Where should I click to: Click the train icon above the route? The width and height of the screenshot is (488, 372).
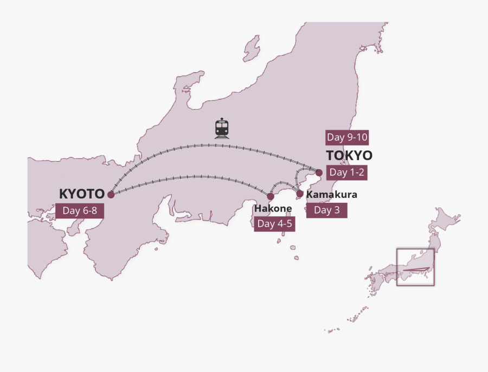point(222,128)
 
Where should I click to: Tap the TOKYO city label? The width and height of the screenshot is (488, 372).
point(349,156)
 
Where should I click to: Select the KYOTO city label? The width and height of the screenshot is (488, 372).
point(81,194)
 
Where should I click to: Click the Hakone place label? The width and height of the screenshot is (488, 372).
point(273,208)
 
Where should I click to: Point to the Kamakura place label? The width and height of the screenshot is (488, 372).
point(332,195)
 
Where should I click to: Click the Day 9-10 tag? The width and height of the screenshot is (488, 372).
point(347,137)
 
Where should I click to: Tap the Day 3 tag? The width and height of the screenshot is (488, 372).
point(326,210)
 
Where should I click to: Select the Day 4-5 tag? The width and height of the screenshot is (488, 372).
point(275,223)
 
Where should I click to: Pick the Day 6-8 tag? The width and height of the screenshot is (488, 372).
point(79,210)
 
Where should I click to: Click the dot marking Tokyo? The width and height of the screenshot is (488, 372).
point(319,172)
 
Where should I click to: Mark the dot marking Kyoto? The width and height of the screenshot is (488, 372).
point(111,194)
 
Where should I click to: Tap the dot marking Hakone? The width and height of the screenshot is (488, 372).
point(271,196)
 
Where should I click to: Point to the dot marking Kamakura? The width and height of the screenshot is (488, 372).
point(300,194)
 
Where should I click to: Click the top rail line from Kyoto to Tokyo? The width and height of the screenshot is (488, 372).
point(211,145)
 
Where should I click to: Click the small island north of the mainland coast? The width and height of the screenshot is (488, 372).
point(251,49)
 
